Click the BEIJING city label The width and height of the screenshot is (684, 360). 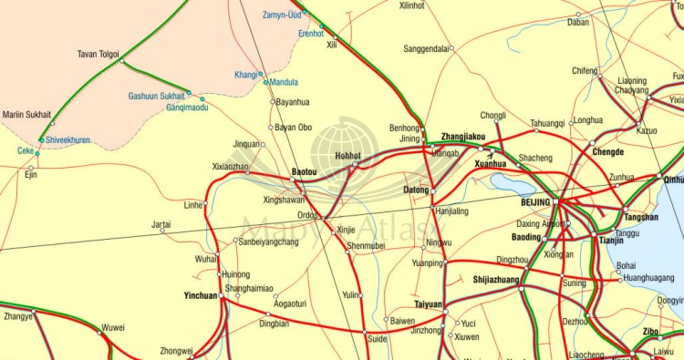coord(535,201)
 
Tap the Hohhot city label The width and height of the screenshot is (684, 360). coord(348,156)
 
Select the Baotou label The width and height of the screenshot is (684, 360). coord(304,171)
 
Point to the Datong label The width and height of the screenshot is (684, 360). coord(416,190)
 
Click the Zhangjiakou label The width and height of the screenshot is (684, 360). coord(463,137)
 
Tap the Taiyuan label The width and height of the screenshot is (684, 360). coord(428,304)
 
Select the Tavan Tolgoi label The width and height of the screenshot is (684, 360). coord(98,54)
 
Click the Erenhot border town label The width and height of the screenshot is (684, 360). coord(311,33)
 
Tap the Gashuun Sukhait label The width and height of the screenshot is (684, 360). coord(156,96)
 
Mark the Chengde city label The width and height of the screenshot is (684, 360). coord(607,152)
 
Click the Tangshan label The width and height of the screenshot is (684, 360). coord(641,217)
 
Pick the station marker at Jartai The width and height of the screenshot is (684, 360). coord(162,230)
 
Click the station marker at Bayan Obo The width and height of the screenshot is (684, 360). coord(270,127)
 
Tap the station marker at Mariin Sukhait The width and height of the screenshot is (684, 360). coord(52,123)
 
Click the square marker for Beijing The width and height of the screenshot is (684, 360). coord(556,201)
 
